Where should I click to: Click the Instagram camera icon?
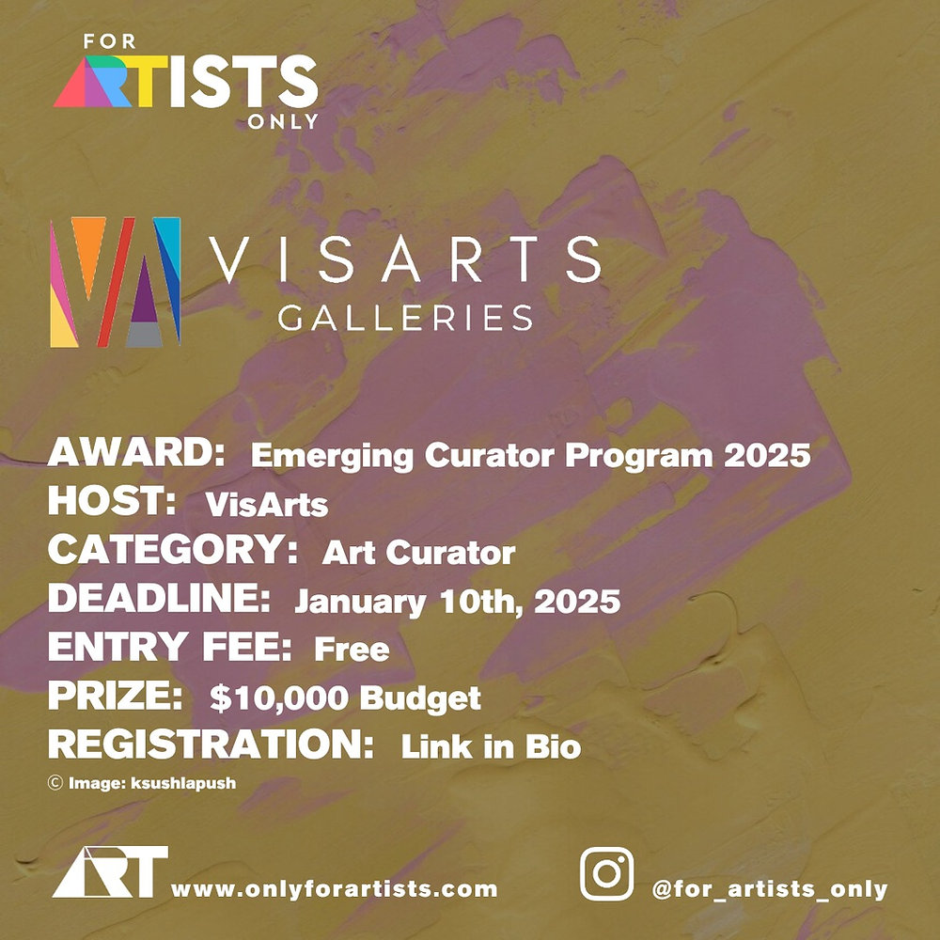tap(606, 874)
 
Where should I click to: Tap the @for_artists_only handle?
tap(770, 888)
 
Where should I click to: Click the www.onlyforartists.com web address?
tap(334, 888)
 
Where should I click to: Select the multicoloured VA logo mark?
tap(115, 282)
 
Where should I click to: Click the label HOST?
tap(113, 502)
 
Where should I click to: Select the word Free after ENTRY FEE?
tap(352, 649)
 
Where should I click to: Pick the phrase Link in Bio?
tap(491, 747)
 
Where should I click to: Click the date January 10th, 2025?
tap(458, 601)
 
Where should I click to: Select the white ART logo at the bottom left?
tap(110, 871)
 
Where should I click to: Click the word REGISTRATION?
tap(211, 745)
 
